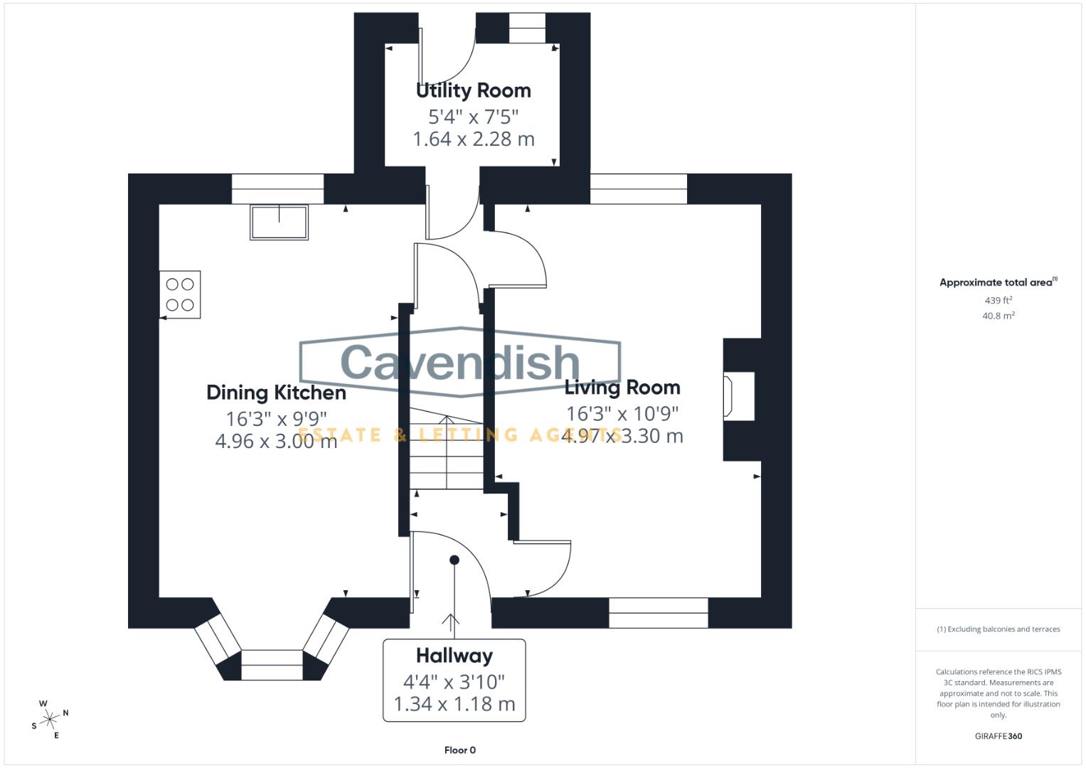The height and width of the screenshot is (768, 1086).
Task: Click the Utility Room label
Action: tap(473, 91)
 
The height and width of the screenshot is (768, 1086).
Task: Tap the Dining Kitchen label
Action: tap(276, 393)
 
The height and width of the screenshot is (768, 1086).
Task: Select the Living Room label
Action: tap(622, 388)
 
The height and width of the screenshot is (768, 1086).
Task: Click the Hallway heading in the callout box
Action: tap(454, 656)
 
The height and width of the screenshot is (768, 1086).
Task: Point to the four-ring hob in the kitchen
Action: tap(180, 294)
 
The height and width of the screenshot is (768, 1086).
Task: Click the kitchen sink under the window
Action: tap(279, 222)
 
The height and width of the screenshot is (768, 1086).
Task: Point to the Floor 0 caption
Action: tap(459, 750)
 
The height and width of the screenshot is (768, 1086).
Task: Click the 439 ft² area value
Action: tap(998, 301)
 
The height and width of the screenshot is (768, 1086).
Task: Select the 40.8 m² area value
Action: tap(998, 316)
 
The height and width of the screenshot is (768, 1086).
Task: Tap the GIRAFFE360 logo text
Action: tap(998, 736)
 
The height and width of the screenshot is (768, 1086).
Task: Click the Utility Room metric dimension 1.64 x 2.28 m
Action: tap(473, 139)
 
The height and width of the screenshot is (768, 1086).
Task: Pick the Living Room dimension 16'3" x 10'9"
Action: tap(622, 413)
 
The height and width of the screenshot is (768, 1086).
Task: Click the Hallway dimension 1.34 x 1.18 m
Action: tap(454, 704)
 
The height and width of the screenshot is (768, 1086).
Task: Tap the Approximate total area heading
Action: tap(997, 282)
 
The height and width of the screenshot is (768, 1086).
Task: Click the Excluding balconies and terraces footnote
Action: tap(998, 629)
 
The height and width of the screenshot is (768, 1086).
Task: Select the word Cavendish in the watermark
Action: tap(460, 362)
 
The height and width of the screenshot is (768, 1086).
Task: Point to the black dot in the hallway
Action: tap(454, 560)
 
